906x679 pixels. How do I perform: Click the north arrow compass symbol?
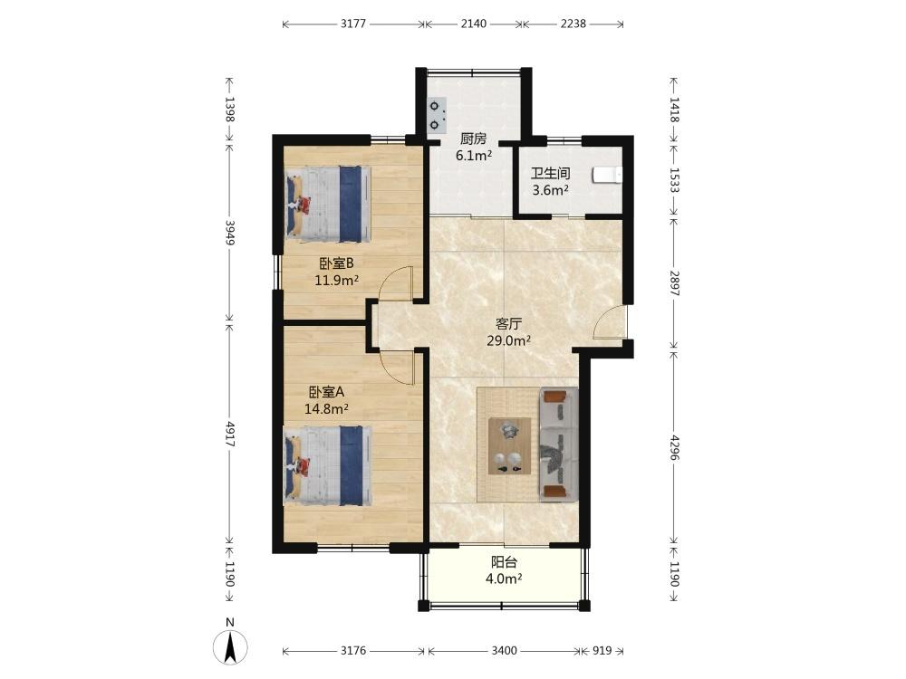[230, 646]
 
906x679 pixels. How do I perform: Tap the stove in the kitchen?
[438, 115]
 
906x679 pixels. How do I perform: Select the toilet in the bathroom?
[607, 175]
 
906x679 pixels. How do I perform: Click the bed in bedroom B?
[328, 205]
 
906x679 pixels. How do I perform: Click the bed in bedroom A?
[328, 465]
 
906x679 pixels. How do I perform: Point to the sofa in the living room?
[559, 444]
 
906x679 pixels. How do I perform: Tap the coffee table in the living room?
[509, 446]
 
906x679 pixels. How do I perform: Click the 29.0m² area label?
[508, 340]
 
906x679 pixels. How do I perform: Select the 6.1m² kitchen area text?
[473, 155]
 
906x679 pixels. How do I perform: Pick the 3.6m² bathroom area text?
[550, 190]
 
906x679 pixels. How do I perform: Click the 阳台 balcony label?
[504, 562]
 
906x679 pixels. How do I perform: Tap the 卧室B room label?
[336, 263]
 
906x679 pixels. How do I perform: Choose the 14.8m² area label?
[326, 409]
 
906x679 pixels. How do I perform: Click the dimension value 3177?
[353, 24]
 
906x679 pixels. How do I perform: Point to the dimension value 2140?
[474, 24]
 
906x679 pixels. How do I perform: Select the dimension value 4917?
[230, 435]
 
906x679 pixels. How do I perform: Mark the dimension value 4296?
[674, 447]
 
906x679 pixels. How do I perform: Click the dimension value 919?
[602, 651]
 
